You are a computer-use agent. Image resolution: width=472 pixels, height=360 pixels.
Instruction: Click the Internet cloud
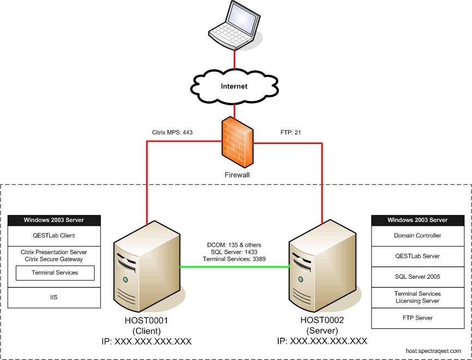click(x=234, y=86)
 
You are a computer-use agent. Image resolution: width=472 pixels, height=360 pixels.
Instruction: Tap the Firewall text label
click(x=237, y=176)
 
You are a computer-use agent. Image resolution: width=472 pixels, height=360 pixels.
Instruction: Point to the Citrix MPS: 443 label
click(x=172, y=132)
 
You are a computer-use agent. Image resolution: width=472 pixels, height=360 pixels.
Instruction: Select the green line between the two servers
click(x=235, y=267)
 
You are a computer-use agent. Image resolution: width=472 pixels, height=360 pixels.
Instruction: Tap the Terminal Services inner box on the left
click(x=55, y=273)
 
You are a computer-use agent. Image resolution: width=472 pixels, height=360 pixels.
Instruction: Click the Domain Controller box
click(x=417, y=236)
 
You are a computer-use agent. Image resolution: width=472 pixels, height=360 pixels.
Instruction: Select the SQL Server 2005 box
click(x=417, y=277)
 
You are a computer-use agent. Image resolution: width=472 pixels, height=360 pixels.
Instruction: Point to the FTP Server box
click(x=417, y=318)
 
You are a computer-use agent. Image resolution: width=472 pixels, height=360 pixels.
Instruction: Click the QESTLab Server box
click(x=417, y=256)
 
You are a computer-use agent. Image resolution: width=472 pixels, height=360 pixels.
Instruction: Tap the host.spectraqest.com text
click(x=433, y=351)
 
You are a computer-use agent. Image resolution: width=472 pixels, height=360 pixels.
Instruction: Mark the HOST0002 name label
click(x=322, y=321)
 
